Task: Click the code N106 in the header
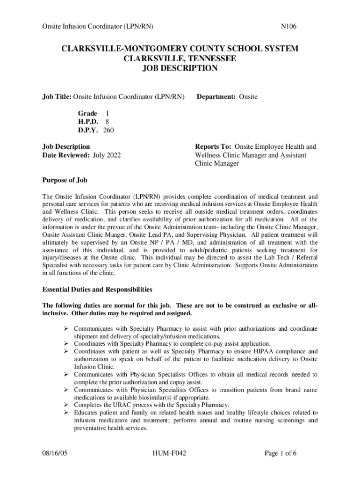click(x=288, y=27)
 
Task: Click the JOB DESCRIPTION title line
click(x=180, y=68)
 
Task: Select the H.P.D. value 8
click(x=107, y=122)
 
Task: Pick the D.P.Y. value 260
click(x=108, y=130)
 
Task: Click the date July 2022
click(x=107, y=155)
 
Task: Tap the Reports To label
click(x=214, y=147)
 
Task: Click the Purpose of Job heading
click(x=65, y=180)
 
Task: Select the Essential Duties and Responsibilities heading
click(x=97, y=290)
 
